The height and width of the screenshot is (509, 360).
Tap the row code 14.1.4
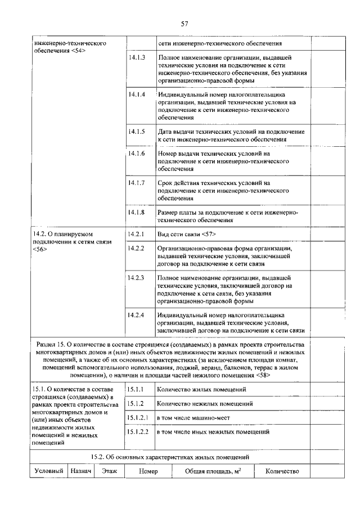click(137, 94)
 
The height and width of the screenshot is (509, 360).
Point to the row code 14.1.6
click(137, 153)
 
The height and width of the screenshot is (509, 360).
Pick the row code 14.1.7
click(137, 183)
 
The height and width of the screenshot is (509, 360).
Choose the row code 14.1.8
click(137, 212)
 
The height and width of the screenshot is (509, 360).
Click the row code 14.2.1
click(137, 234)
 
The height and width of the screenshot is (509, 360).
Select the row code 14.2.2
click(137, 248)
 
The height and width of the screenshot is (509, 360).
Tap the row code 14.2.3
click(137, 278)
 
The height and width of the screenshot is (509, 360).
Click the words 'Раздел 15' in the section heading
click(51, 344)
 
